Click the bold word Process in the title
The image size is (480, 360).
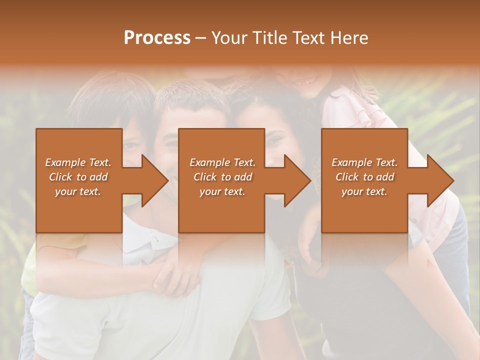coord(157,38)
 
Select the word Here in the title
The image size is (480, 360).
coord(349,38)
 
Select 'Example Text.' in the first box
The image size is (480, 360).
coord(78,162)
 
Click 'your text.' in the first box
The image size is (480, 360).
coord(78,191)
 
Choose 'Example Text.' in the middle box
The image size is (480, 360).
coord(222,162)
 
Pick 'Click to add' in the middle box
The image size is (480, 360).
coord(222,177)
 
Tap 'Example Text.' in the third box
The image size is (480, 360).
coord(364,162)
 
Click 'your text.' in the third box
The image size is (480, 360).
coord(364,191)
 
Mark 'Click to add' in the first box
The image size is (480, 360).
coord(78,177)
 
